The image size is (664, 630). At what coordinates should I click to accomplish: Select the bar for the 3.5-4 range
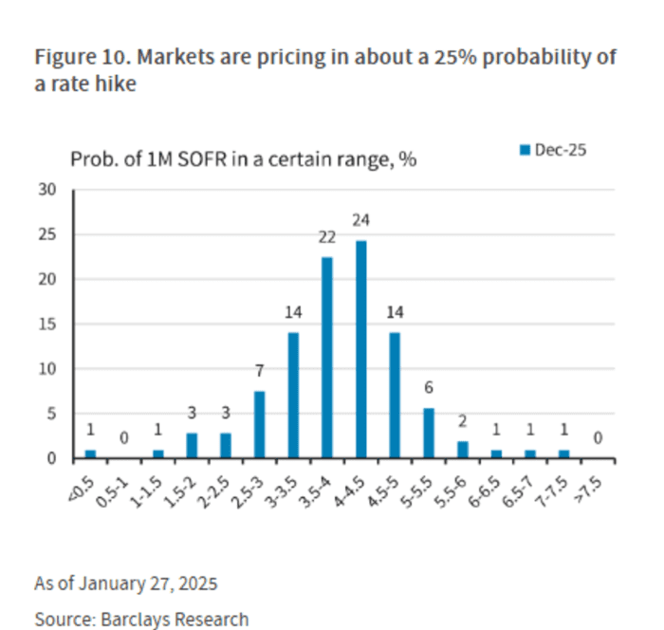[327, 358]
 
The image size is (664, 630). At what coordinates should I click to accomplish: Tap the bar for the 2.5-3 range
[260, 424]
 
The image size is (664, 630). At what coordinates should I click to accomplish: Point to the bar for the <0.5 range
[90, 454]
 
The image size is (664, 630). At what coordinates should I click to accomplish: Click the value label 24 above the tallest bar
[361, 220]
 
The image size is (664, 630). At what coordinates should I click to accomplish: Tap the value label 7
[260, 371]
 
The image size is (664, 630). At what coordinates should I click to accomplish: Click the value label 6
[429, 388]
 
